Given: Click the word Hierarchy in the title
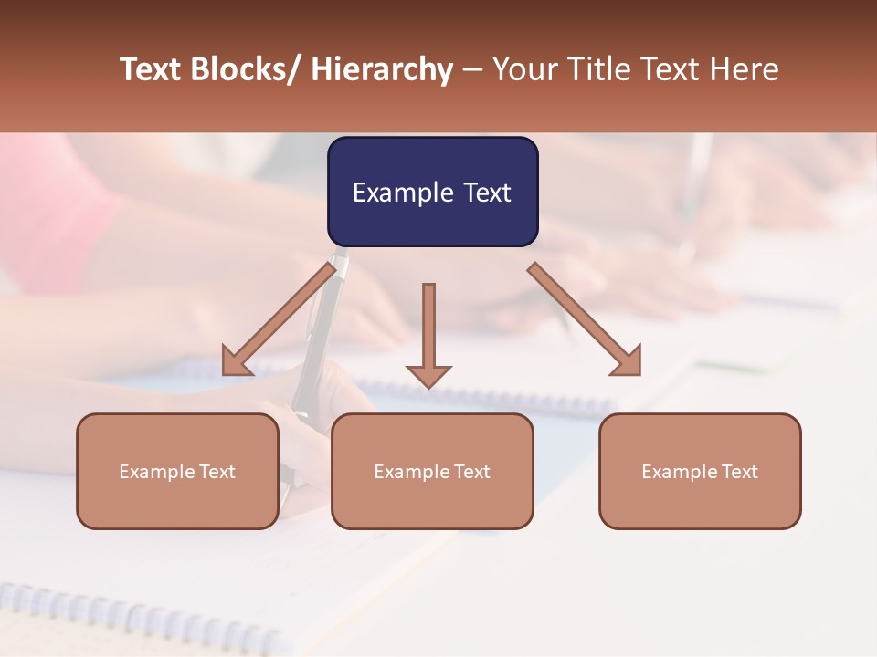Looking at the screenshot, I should click(x=382, y=69).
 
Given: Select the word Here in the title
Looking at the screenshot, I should click(x=745, y=69).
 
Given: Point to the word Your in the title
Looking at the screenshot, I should click(x=527, y=69).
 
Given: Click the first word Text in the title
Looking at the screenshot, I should click(x=152, y=69).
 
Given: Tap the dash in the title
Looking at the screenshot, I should click(x=472, y=69).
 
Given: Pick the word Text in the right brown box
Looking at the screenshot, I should click(x=738, y=472).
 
